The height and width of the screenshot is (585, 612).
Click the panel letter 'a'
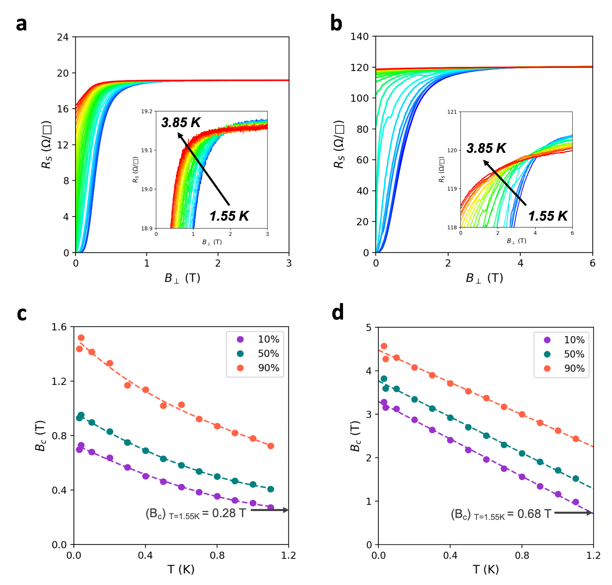21,24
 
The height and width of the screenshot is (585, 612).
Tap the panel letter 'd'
337,312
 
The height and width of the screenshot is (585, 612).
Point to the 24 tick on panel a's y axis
63,37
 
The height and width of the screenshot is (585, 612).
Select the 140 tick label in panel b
359,37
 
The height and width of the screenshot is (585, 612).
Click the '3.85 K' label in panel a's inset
181,122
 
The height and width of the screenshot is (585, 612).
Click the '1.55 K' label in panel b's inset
548,216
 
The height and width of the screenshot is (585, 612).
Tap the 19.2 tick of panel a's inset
147,111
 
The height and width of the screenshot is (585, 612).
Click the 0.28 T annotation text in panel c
196,513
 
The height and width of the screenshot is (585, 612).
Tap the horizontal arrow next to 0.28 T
269,510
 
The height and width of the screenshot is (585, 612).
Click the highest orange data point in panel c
81,338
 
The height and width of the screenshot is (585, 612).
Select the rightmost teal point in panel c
271,489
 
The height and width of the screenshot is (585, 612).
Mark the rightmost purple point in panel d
576,502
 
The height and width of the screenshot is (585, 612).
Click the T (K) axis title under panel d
486,569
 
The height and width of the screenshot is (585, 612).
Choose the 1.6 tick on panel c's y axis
59,327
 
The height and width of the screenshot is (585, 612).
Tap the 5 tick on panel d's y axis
369,328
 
